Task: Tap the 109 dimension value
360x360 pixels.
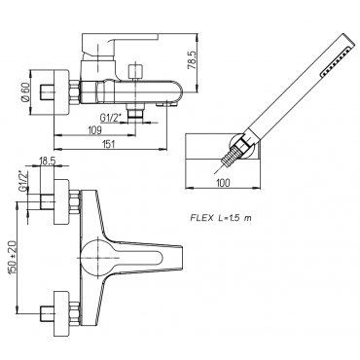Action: pyautogui.click(x=94, y=130)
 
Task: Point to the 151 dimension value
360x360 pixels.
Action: pyautogui.click(x=109, y=144)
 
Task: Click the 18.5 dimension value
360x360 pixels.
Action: pyautogui.click(x=48, y=161)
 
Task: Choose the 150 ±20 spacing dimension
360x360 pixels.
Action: pyautogui.click(x=13, y=258)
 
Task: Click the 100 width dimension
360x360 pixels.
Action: pyautogui.click(x=223, y=183)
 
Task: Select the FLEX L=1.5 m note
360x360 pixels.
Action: pyautogui.click(x=221, y=218)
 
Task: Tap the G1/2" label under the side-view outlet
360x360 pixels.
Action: pyautogui.click(x=110, y=118)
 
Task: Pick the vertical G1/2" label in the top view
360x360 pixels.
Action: pyautogui.click(x=22, y=181)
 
